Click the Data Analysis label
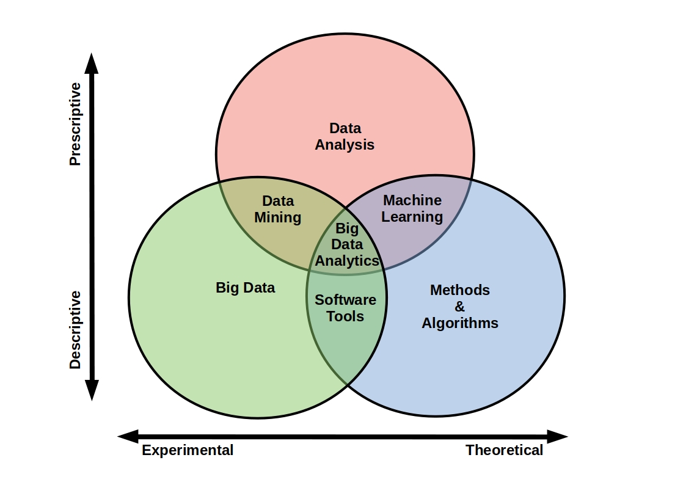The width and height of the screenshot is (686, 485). [x=345, y=137]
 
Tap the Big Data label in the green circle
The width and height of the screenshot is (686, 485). [x=246, y=288]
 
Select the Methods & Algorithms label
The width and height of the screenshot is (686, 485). [x=459, y=307]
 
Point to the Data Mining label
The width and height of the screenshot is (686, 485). [x=278, y=209]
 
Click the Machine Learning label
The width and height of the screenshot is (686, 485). [x=412, y=208]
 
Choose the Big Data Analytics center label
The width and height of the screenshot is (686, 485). [x=347, y=244]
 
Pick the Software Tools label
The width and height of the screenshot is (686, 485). [x=345, y=308]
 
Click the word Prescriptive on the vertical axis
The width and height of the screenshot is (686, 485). [x=75, y=124]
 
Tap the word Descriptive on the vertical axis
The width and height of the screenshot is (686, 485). [x=75, y=330]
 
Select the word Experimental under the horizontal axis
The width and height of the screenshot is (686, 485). [x=188, y=451]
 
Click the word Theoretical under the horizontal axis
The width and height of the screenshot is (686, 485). [x=504, y=451]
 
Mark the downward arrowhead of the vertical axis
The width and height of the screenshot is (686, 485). [x=92, y=390]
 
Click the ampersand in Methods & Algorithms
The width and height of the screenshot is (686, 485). [x=459, y=307]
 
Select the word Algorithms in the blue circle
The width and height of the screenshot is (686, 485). [x=459, y=323]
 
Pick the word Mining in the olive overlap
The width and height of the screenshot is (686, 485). [x=278, y=217]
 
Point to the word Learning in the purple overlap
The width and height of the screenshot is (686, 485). [x=412, y=217]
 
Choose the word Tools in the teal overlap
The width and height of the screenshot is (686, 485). [x=345, y=316]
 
